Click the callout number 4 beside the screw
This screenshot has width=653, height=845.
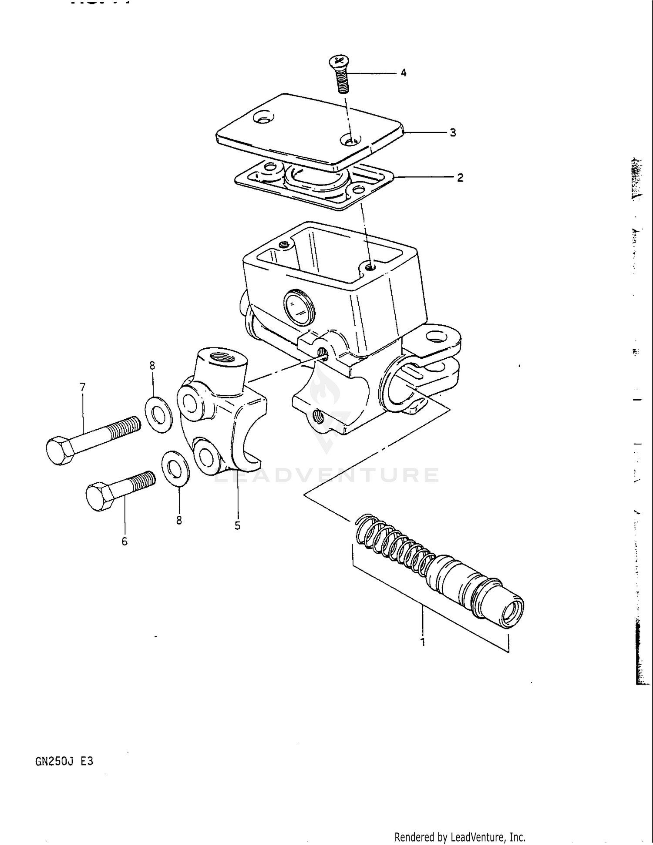click(x=403, y=73)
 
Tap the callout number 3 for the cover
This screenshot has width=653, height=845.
click(x=453, y=133)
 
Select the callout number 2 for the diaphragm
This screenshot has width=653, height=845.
click(x=460, y=178)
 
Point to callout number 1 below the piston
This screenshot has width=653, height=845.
click(x=422, y=642)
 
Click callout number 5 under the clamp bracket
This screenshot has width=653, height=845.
click(x=237, y=526)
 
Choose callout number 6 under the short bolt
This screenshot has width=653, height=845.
click(x=125, y=541)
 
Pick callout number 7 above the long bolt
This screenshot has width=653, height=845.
click(x=83, y=387)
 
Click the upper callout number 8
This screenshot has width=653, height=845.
click(x=152, y=366)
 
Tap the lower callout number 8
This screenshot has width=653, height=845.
click(x=179, y=520)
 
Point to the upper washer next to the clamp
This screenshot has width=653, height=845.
click(x=158, y=414)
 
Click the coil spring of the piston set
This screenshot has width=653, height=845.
click(x=392, y=544)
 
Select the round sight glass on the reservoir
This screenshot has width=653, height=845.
click(x=299, y=307)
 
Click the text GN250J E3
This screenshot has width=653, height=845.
click(x=64, y=761)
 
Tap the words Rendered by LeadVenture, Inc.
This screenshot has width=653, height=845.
click(x=460, y=837)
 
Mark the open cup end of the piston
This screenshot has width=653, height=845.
click(x=512, y=614)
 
